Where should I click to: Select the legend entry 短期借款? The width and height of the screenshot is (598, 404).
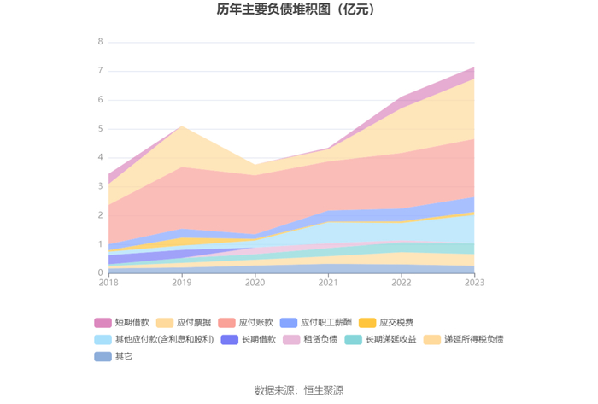121,323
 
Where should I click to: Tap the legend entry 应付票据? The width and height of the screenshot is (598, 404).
184,323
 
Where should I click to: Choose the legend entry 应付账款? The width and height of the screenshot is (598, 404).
245,323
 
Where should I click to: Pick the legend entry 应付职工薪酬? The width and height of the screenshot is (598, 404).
316,323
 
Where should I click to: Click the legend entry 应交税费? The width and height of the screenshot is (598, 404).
386,323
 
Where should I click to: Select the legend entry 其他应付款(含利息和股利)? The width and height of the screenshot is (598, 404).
154,339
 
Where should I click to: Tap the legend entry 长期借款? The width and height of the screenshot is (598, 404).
249,339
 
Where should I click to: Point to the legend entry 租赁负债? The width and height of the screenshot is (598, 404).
310,339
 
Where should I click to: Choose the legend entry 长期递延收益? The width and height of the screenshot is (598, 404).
380,339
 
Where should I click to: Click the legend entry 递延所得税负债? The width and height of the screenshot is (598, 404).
463,339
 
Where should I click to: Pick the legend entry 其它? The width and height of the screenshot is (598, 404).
114,356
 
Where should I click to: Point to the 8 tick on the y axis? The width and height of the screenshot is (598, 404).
100,42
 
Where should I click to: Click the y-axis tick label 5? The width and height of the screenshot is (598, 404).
100,128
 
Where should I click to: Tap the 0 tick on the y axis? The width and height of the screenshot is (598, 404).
100,272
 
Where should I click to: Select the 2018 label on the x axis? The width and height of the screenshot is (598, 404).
108,283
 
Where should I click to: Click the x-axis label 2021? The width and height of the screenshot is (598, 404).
328,283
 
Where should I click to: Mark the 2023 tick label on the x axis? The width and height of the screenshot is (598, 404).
474,283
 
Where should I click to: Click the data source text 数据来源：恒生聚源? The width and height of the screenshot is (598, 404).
299,390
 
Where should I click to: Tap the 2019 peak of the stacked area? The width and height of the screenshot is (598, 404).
181,126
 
